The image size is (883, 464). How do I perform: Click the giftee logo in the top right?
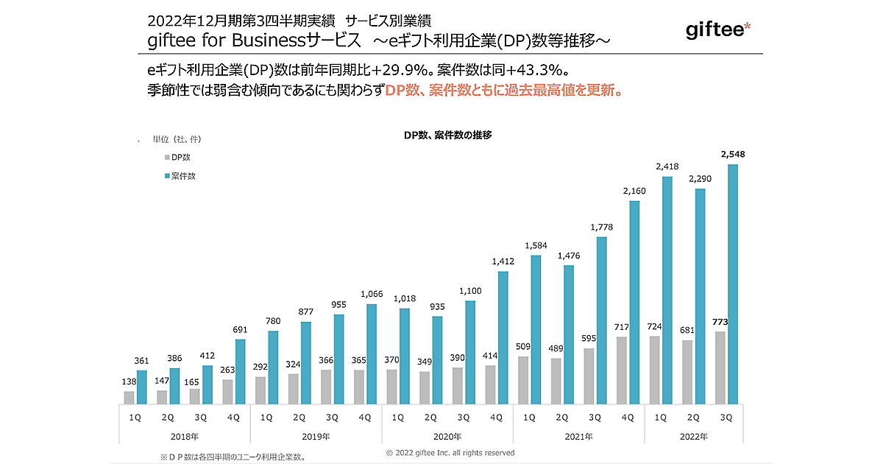[x=717, y=31]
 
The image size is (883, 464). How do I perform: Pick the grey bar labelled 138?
[x=130, y=397]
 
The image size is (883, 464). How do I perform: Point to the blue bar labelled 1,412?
[x=503, y=337]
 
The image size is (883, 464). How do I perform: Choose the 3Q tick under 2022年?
[x=725, y=417]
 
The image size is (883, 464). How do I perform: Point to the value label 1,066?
[x=372, y=295]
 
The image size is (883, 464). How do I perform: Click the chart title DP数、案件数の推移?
[x=447, y=135]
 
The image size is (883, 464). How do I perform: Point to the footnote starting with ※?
[x=232, y=457]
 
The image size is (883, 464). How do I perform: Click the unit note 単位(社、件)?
[x=177, y=139]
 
